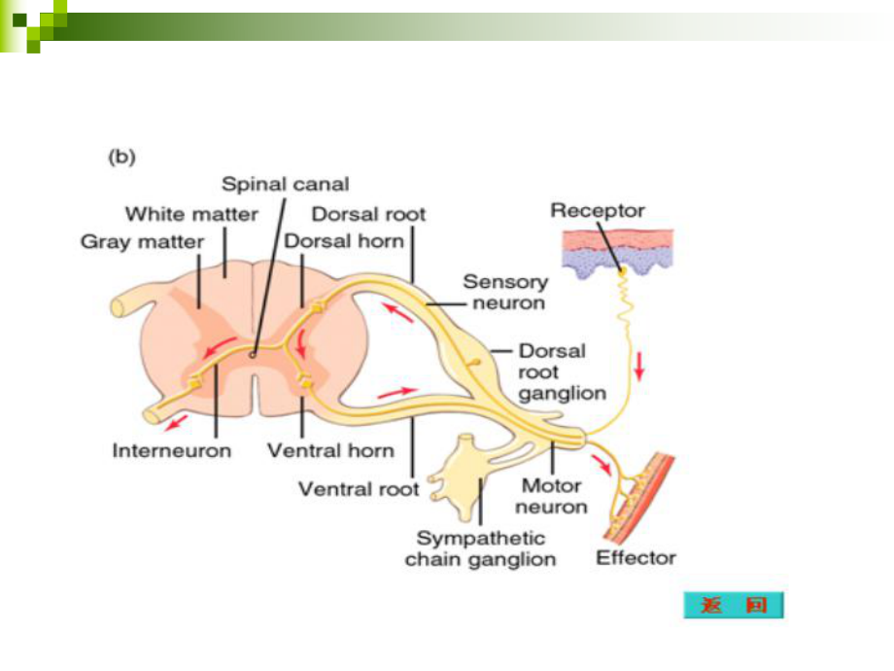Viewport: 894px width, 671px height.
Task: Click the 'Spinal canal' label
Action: click(285, 184)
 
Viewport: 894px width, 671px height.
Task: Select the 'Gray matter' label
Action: click(142, 241)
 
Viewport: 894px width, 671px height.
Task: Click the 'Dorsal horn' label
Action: click(344, 240)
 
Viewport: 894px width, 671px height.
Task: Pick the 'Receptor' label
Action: click(597, 210)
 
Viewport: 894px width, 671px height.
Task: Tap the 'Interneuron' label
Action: click(171, 450)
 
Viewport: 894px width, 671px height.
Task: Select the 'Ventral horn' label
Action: click(330, 450)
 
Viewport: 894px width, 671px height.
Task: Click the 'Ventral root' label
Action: click(359, 488)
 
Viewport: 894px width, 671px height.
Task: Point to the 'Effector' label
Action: click(636, 558)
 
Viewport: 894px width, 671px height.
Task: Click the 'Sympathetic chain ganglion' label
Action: click(480, 548)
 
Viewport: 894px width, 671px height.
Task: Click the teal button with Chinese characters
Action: click(733, 605)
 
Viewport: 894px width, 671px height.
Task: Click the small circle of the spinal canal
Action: click(253, 355)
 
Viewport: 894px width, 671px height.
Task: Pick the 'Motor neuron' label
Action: click(551, 496)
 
